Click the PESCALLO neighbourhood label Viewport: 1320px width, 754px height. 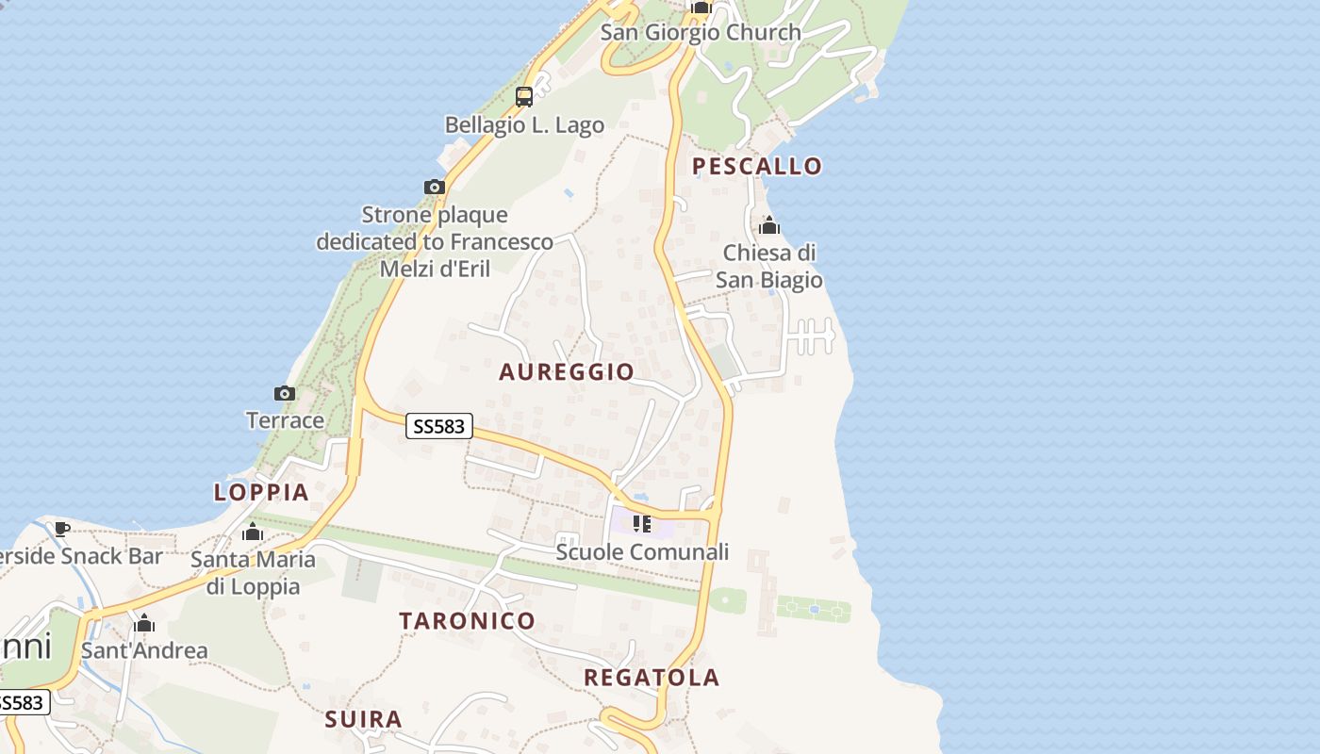(x=757, y=167)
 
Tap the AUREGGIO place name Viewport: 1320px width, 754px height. (x=566, y=372)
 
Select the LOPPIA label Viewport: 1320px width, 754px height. (x=261, y=492)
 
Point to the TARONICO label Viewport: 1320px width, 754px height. (x=467, y=621)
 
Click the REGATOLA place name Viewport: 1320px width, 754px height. (x=652, y=678)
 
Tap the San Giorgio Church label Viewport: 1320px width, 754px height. (x=701, y=32)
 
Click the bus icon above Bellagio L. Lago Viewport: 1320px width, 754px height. (x=524, y=96)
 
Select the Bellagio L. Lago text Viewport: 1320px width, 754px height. (x=524, y=125)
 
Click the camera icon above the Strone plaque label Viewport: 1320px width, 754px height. (x=434, y=187)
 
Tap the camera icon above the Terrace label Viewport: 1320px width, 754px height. (x=285, y=393)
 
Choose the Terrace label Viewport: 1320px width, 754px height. (x=285, y=420)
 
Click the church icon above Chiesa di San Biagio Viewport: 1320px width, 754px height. (x=769, y=226)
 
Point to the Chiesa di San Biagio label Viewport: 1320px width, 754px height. (x=769, y=267)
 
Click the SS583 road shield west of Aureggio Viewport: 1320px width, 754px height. (x=439, y=427)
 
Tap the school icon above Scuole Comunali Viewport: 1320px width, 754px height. (x=642, y=524)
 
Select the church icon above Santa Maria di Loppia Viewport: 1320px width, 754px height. (x=253, y=533)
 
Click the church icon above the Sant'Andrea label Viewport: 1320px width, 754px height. (x=144, y=623)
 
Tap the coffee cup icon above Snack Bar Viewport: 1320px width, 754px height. (x=62, y=529)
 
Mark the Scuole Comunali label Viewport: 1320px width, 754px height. (x=642, y=552)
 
